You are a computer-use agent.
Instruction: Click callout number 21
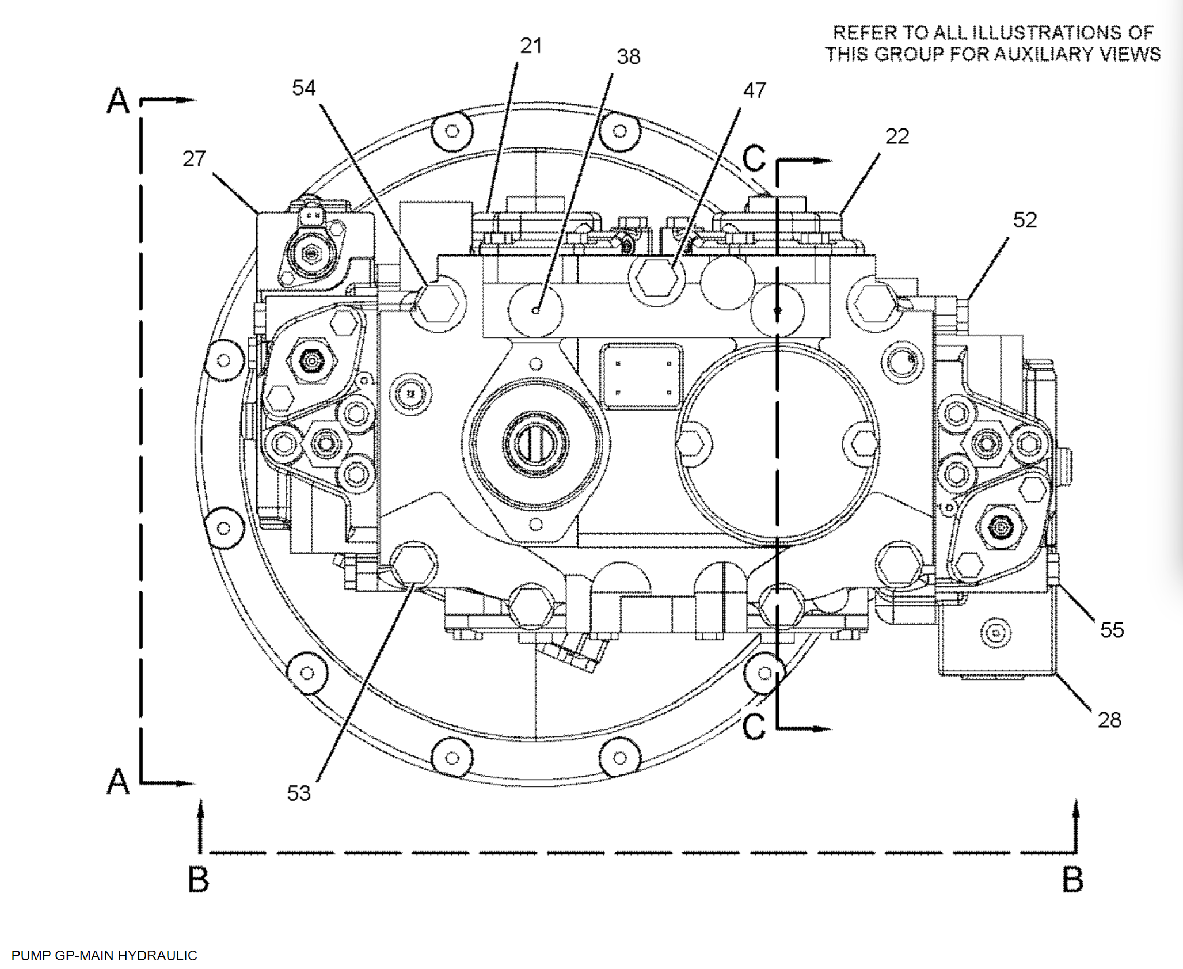point(530,46)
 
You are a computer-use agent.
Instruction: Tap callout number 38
point(628,57)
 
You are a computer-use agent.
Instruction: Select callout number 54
point(303,88)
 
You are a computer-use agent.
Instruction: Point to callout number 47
point(754,90)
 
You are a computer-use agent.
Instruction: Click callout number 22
point(897,136)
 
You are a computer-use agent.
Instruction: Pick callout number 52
point(1025,220)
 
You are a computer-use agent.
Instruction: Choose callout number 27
point(194,159)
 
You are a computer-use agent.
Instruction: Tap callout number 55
point(1112,630)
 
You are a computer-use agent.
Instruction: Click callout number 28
point(1109,720)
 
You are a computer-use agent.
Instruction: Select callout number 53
point(299,793)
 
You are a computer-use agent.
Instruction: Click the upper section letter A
point(119,101)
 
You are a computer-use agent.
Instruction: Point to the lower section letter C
point(754,727)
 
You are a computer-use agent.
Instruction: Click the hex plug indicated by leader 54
point(438,303)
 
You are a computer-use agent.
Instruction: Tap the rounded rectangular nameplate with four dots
point(643,377)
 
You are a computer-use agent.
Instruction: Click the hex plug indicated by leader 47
point(657,278)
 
